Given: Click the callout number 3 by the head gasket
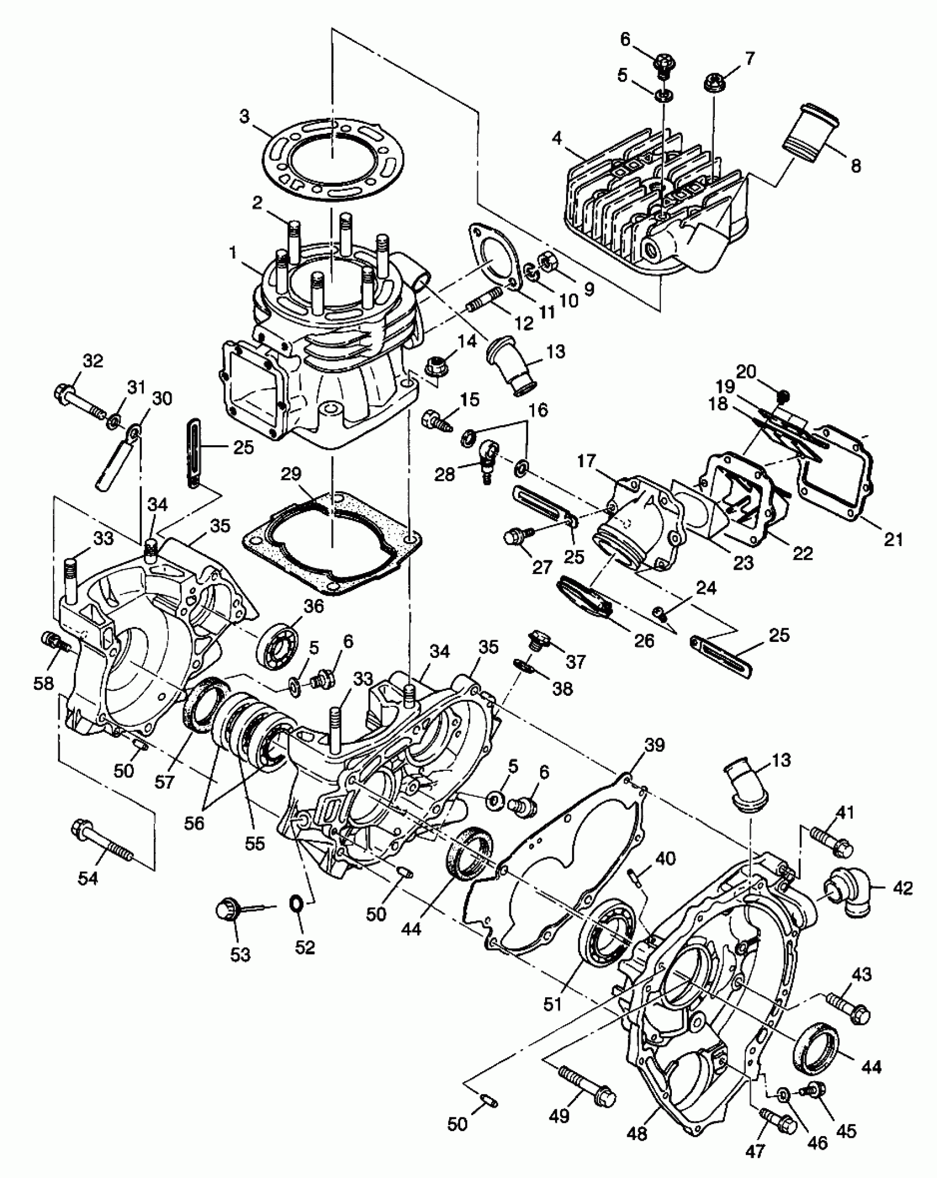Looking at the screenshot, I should click(244, 117).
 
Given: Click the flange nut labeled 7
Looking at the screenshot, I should click(715, 84).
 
